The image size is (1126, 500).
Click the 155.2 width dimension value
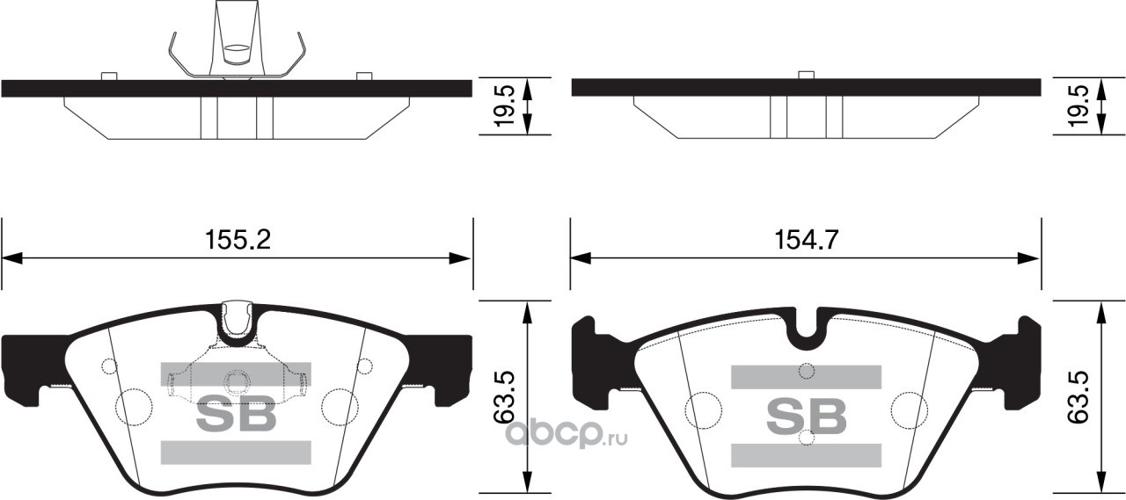(238, 240)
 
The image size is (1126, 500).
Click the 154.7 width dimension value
(806, 240)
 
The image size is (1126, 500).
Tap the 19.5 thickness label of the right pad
(1077, 105)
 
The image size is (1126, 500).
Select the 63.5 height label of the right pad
(1077, 397)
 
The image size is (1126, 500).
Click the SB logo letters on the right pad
(806, 415)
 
